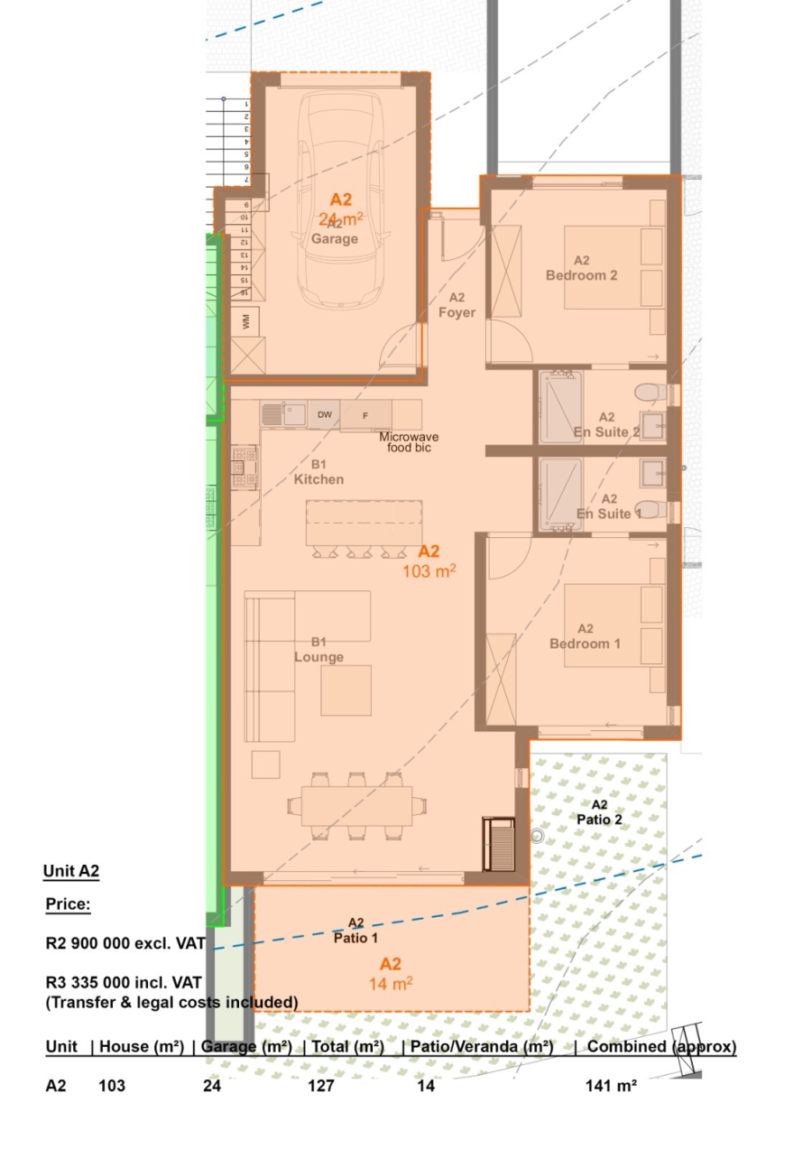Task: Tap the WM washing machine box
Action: pos(245,321)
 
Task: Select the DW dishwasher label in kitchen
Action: pos(324,414)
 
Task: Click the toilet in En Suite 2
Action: pos(649,393)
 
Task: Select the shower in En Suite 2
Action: pos(560,407)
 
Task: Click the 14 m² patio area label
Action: pos(389,983)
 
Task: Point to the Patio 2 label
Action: pos(599,811)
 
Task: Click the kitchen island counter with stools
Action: pos(364,523)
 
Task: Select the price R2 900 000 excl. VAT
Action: pos(125,943)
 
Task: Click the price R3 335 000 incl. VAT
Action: pos(124,981)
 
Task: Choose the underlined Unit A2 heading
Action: pos(70,871)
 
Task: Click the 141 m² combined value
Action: pos(611,1086)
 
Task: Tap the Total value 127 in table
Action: pos(320,1086)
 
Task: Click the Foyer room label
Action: pos(457,305)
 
